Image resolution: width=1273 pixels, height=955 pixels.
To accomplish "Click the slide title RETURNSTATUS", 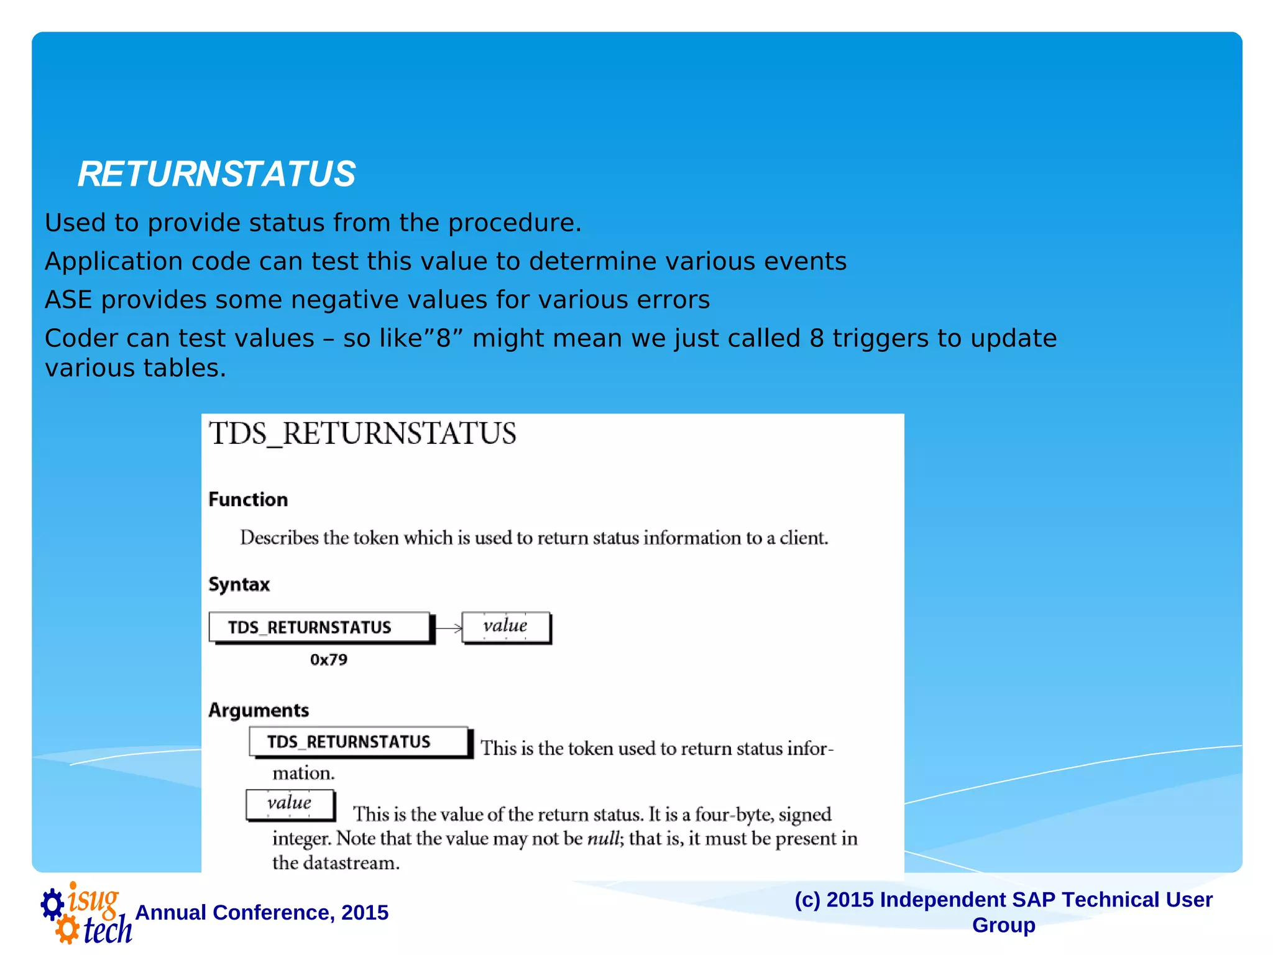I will (216, 174).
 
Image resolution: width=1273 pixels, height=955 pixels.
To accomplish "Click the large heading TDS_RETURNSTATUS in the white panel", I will (362, 434).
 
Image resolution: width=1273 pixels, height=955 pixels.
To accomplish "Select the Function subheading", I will (248, 499).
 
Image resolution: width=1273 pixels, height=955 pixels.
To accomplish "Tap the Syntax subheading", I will (239, 584).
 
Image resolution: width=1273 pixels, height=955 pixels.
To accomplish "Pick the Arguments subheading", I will (259, 710).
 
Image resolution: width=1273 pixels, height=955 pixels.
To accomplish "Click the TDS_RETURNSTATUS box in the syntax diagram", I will (319, 627).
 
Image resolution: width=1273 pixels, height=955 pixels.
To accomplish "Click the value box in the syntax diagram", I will (505, 626).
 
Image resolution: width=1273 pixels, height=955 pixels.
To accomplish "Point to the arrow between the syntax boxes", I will (448, 628).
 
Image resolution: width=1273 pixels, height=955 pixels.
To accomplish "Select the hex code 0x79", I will (329, 660).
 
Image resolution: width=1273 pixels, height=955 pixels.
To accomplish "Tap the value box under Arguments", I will (290, 804).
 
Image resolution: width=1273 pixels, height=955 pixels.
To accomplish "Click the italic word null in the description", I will (604, 839).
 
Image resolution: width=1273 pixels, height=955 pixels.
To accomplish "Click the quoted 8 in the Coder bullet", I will (443, 338).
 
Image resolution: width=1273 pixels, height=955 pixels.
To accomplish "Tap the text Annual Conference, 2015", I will (262, 912).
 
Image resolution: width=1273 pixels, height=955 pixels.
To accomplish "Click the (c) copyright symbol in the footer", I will (807, 900).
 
